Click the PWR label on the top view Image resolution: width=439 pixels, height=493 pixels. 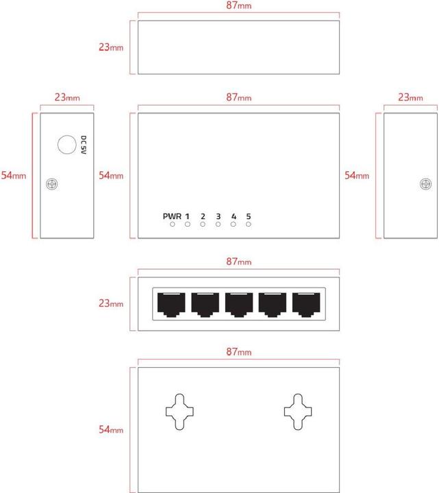tap(172, 216)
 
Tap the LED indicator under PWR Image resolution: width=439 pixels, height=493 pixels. tap(173, 225)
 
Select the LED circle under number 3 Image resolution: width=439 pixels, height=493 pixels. tap(218, 225)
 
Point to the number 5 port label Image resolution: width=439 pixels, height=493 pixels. tap(248, 216)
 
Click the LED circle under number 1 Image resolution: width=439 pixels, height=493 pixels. tap(187, 225)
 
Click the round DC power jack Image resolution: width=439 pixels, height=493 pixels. tap(67, 144)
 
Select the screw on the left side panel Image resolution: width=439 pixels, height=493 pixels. tap(50, 184)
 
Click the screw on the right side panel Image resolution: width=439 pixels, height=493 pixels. tap(425, 184)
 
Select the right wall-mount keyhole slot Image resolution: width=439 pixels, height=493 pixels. tap(298, 412)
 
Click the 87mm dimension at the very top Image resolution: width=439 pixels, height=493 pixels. tap(239, 5)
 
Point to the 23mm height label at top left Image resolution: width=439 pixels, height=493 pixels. tap(110, 48)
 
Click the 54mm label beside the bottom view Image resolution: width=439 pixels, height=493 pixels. tap(110, 429)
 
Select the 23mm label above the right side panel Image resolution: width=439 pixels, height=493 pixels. tap(410, 98)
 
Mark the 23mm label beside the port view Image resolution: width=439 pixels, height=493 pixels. tap(110, 303)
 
